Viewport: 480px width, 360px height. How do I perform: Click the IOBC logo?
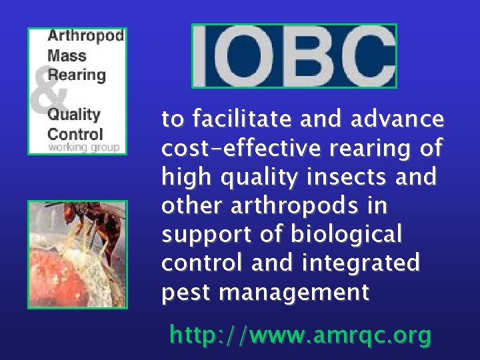tap(294, 56)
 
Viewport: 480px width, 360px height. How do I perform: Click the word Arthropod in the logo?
tap(85, 36)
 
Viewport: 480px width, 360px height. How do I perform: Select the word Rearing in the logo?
tap(76, 74)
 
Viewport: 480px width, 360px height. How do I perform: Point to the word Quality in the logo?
tap(73, 114)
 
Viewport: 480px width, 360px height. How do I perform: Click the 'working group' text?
tap(83, 147)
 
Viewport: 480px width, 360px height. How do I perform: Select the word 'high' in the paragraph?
tap(183, 177)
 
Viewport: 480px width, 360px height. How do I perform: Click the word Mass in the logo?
tap(62, 55)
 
